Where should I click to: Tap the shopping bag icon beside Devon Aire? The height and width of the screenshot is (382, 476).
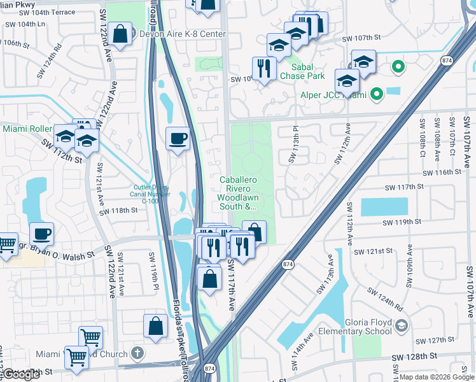pyautogui.click(x=120, y=32)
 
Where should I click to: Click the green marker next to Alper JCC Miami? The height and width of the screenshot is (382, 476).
pyautogui.click(x=377, y=95)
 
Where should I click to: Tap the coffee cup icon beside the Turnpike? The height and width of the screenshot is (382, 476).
pyautogui.click(x=178, y=138)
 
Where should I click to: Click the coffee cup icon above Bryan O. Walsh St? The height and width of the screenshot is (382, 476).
pyautogui.click(x=41, y=233)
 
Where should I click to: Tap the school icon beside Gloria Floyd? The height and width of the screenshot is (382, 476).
pyautogui.click(x=401, y=327)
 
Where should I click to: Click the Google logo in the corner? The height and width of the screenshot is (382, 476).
pyautogui.click(x=22, y=374)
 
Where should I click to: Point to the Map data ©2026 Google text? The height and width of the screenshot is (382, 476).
pyautogui.click(x=437, y=377)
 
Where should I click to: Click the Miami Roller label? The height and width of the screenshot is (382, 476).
pyautogui.click(x=27, y=129)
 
